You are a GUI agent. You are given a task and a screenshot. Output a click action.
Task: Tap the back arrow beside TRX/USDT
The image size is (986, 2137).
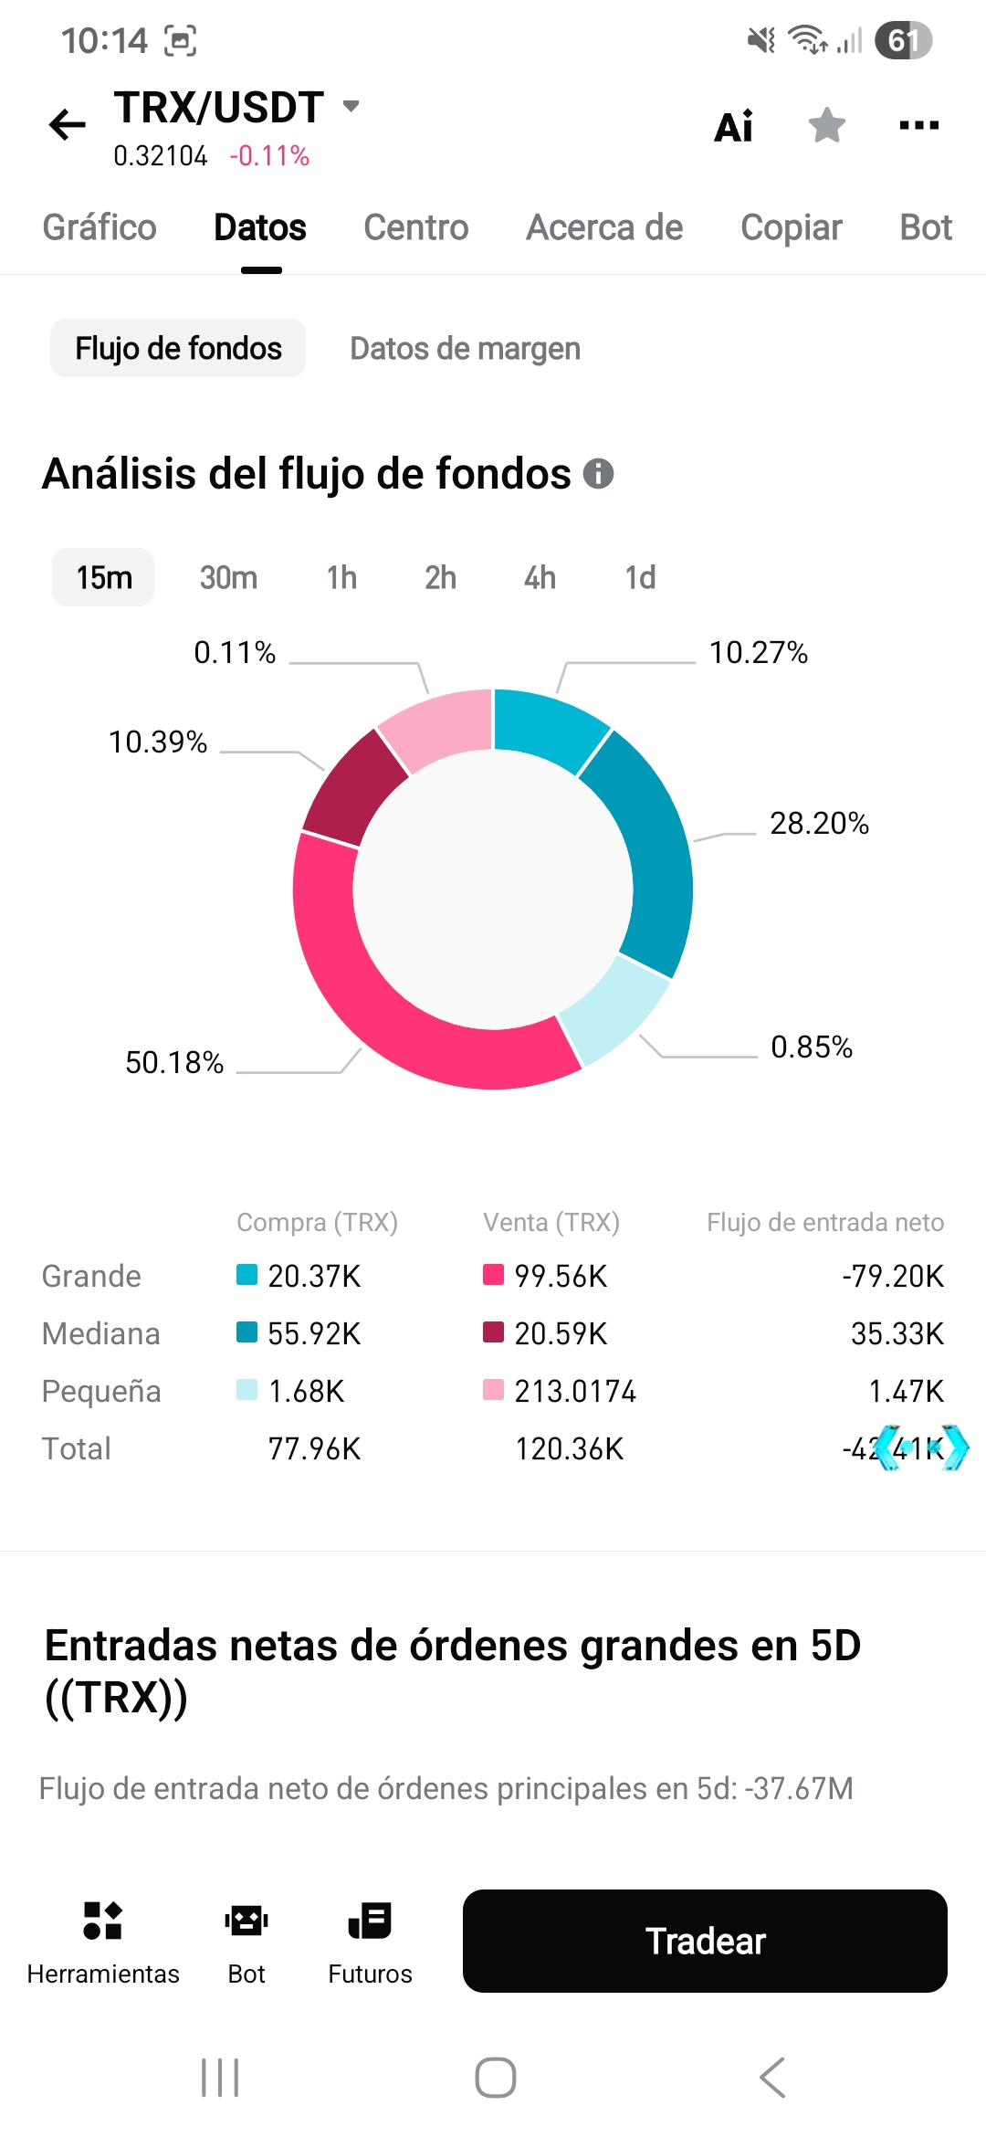click(67, 125)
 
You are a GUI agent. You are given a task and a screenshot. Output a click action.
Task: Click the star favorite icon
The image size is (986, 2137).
click(827, 125)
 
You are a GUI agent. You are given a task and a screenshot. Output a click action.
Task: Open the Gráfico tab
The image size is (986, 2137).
click(100, 227)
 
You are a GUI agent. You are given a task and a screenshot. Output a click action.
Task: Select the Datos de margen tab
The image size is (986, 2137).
click(465, 348)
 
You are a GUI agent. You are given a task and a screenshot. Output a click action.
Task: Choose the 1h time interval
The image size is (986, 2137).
click(341, 577)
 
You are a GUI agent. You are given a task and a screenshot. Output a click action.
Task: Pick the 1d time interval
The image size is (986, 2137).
click(640, 577)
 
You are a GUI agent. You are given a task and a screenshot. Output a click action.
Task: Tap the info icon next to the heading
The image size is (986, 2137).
click(598, 474)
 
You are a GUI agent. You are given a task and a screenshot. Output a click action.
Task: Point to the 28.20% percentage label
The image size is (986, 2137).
click(819, 823)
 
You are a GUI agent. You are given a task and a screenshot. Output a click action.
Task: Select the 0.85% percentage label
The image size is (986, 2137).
click(812, 1047)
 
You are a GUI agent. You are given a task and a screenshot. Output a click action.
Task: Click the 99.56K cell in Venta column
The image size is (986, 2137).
click(561, 1276)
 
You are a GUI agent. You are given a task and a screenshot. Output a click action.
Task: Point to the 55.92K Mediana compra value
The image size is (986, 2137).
click(314, 1333)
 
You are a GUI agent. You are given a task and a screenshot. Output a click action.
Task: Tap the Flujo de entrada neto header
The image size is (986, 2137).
click(825, 1222)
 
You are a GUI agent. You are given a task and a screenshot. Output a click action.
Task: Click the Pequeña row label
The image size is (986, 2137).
click(101, 1391)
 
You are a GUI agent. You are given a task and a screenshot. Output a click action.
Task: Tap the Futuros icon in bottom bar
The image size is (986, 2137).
click(370, 1921)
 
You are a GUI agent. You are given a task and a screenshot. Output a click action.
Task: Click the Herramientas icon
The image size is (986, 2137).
click(102, 1921)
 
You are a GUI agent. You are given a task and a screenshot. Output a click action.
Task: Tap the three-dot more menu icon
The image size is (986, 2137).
click(918, 125)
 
